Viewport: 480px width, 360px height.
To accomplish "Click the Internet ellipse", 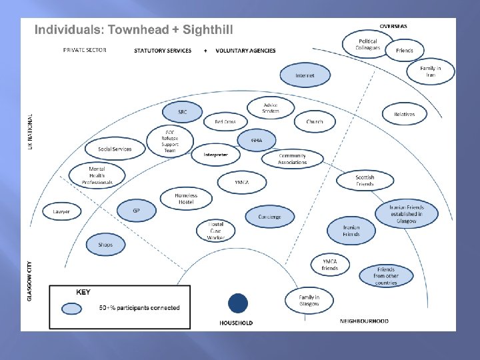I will (305, 76).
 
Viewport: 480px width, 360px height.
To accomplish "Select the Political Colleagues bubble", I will (368, 44).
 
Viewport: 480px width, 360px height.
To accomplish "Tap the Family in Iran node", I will (431, 71).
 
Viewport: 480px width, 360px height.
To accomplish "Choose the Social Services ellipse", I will (114, 149).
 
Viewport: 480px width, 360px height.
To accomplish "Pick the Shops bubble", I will (105, 245).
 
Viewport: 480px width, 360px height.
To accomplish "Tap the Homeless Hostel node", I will (187, 198).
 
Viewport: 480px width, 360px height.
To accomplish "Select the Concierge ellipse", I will (269, 217).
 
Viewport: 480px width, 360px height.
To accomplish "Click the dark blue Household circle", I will (237, 303).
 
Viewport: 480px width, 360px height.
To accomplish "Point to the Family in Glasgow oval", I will (309, 301).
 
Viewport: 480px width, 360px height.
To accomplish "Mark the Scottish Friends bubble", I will (365, 180).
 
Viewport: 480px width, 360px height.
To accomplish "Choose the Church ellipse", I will (315, 122).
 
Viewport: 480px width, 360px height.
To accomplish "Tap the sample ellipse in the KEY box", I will (71, 308).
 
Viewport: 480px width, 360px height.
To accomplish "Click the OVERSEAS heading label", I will (393, 27).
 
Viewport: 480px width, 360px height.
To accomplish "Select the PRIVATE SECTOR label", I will (85, 50).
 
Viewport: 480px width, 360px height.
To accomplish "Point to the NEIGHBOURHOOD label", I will (364, 321).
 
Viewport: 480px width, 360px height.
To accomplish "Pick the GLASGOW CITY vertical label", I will (29, 279).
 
